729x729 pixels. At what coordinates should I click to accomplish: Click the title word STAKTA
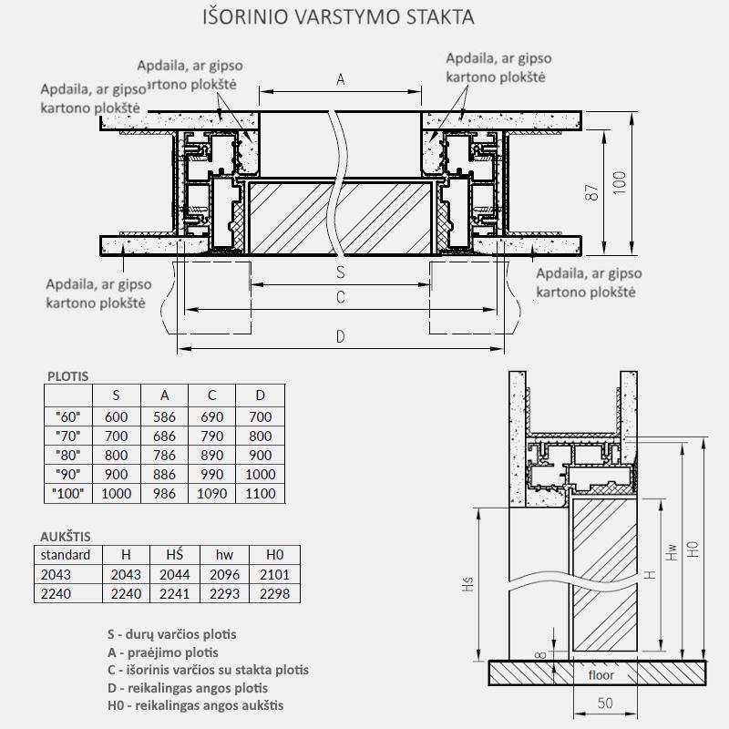click(x=435, y=17)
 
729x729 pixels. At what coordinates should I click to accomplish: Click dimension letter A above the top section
click(x=341, y=79)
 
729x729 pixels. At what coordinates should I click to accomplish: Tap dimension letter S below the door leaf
click(x=341, y=272)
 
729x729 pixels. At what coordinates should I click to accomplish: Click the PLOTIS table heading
click(x=67, y=375)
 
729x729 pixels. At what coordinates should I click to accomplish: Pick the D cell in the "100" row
click(x=260, y=494)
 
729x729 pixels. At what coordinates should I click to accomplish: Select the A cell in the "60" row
click(x=165, y=417)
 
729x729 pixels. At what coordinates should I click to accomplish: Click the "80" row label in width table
click(x=68, y=456)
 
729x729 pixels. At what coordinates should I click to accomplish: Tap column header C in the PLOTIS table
click(x=212, y=395)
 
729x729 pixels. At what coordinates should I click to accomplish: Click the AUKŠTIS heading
click(x=66, y=536)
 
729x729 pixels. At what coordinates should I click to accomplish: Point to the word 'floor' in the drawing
click(x=601, y=675)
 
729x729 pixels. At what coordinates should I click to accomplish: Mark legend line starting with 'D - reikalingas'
click(x=187, y=687)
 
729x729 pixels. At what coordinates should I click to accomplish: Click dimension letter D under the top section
click(x=341, y=337)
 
